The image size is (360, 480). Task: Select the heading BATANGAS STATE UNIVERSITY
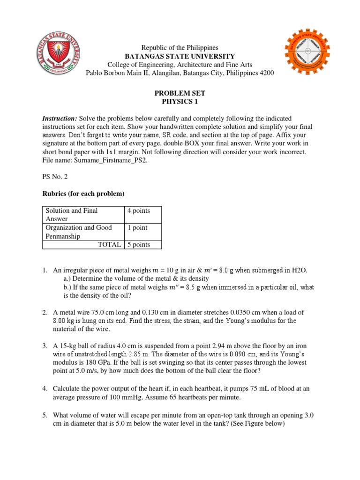(180, 56)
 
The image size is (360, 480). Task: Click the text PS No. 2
(55, 178)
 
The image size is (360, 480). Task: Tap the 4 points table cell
(138, 211)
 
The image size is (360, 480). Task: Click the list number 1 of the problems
(45, 270)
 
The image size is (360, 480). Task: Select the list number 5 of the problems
(45, 415)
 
